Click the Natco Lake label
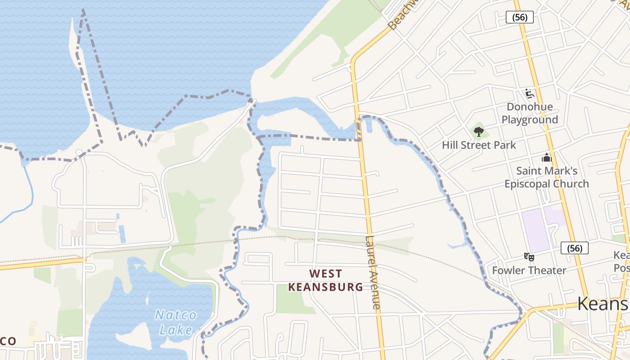point(176,322)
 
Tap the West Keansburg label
point(326,280)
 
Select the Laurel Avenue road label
point(373,273)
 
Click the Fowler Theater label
point(529,270)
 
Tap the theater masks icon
point(529,257)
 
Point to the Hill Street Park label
point(479,145)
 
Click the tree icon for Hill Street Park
point(479,132)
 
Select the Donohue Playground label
point(530,113)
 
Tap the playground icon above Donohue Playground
point(530,94)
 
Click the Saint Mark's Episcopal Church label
point(546,177)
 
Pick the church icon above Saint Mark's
point(547,157)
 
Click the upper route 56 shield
point(520,18)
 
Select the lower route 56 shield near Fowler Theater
point(575,248)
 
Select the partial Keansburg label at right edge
point(603,304)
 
